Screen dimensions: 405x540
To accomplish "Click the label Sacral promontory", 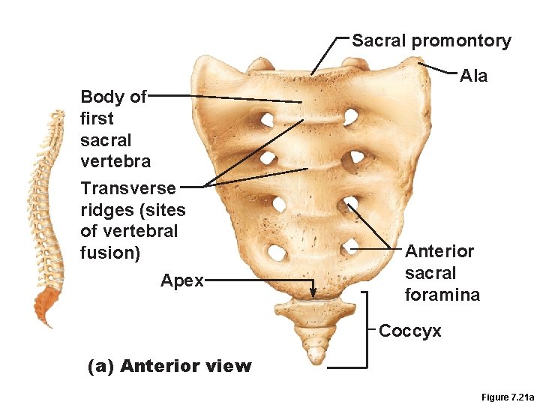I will point(431,40).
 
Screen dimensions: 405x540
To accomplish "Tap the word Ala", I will point(473,76).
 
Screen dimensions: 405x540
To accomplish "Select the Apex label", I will point(182,280).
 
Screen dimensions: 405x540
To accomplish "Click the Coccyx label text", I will point(410,331).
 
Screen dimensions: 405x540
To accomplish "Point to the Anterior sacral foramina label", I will point(442,273).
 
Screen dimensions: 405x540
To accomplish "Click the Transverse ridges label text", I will point(132,220).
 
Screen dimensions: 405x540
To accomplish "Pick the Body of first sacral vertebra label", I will point(115,128).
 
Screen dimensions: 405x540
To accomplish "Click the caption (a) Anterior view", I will point(169,366).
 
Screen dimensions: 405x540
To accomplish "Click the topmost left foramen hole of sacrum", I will point(265,120).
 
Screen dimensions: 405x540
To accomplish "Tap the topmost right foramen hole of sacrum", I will point(350,116).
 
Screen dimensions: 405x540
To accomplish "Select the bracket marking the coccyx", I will point(367,330).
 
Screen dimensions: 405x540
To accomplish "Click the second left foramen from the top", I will point(266,158).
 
